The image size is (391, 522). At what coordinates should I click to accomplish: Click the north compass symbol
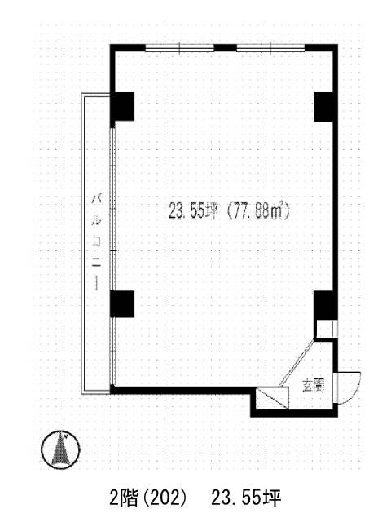tap(60, 449)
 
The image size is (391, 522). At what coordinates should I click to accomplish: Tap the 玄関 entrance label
tap(313, 386)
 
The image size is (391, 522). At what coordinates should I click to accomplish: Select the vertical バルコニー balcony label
tap(97, 242)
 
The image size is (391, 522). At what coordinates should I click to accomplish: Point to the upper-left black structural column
tap(122, 107)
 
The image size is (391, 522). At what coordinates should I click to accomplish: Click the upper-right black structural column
tap(326, 107)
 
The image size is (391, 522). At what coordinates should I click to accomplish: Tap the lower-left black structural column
tap(122, 304)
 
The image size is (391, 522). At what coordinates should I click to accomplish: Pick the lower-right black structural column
tap(326, 305)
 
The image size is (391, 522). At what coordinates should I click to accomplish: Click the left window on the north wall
tap(179, 48)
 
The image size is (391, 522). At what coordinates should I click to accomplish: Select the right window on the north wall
tap(270, 48)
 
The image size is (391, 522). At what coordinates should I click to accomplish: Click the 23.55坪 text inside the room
tap(193, 211)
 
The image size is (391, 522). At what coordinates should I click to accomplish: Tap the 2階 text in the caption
tap(124, 498)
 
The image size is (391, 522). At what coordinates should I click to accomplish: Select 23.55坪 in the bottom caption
tap(246, 498)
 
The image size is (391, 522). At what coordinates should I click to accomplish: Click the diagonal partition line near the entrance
tap(297, 363)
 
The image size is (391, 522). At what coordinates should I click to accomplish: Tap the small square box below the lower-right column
tap(326, 329)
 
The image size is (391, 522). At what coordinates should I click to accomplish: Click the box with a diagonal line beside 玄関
tap(273, 398)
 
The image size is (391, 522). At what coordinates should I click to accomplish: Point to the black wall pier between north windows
tap(225, 47)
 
